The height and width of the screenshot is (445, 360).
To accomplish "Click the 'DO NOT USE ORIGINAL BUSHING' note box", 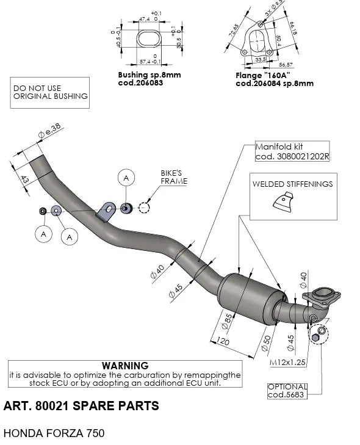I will (x=50, y=92).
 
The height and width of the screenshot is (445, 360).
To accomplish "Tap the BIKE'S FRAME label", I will (x=174, y=177).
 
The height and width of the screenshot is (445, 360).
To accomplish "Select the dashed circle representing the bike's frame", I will (x=144, y=208).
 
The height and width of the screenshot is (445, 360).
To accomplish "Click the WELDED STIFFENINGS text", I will (x=293, y=184).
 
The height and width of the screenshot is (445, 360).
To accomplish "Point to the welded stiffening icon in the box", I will (x=284, y=202).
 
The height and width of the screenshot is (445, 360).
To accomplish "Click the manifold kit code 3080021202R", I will (x=292, y=156).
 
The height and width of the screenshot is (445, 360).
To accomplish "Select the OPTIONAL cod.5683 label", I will (x=287, y=391).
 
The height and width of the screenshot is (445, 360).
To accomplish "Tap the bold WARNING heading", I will (x=126, y=364).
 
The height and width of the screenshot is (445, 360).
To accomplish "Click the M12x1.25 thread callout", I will (x=287, y=362).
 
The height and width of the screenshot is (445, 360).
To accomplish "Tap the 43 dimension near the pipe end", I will (x=24, y=180).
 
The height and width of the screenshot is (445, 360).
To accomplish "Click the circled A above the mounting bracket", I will (x=125, y=178).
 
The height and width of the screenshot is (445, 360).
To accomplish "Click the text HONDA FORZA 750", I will (x=54, y=433).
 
